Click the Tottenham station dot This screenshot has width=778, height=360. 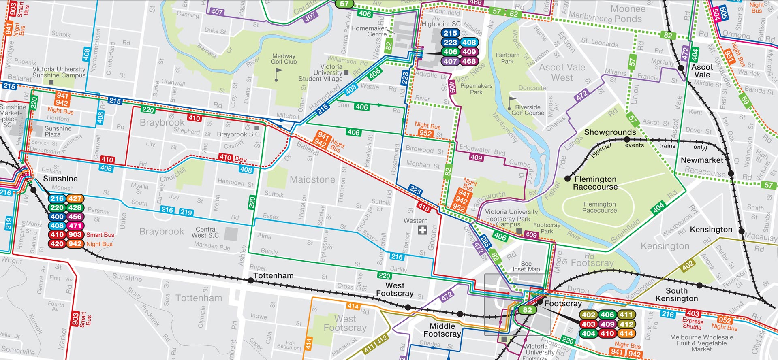tap(251, 280)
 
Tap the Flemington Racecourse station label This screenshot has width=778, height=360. tap(595, 183)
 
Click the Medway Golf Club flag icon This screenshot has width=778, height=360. tap(278, 74)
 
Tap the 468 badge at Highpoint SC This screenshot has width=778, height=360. tap(469, 62)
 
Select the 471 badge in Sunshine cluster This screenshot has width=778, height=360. tap(75, 226)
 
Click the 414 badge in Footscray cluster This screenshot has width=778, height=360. tap(626, 334)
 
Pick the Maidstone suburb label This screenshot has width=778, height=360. tap(312, 179)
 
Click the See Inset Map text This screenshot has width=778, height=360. tap(526, 266)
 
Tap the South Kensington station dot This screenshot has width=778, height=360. tap(699, 285)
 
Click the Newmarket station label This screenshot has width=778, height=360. tap(702, 160)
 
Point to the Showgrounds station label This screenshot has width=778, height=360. tap(610, 132)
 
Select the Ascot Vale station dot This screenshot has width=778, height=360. tap(681, 68)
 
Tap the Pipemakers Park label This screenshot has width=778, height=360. tap(476, 89)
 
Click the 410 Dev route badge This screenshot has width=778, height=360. tap(233, 158)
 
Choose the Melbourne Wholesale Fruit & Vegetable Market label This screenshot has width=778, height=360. tap(701, 343)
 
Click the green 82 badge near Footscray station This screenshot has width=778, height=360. tap(527, 310)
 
